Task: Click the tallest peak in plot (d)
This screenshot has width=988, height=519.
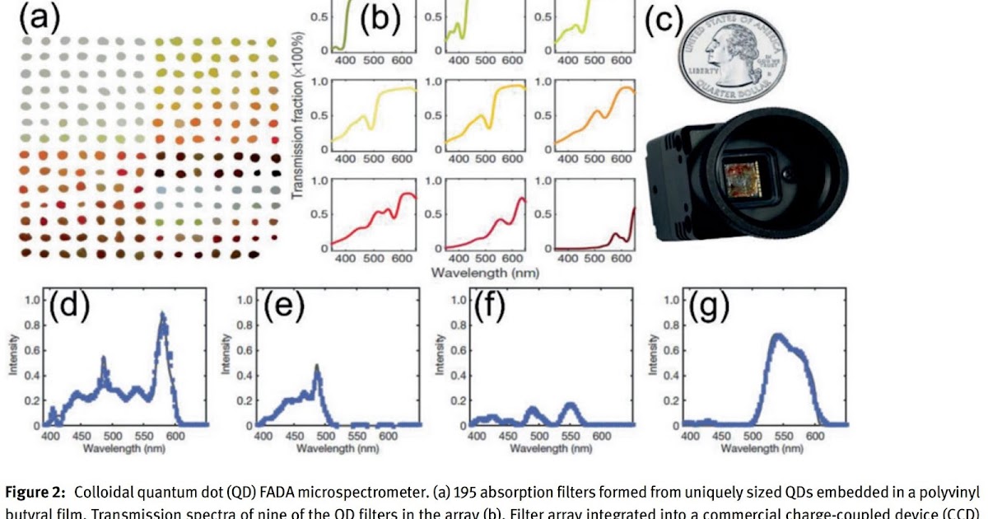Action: pos(163,316)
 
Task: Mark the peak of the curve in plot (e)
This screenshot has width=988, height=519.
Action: pos(317,367)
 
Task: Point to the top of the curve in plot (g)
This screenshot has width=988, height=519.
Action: pos(776,335)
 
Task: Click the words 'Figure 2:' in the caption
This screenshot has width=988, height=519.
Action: pos(35,493)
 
